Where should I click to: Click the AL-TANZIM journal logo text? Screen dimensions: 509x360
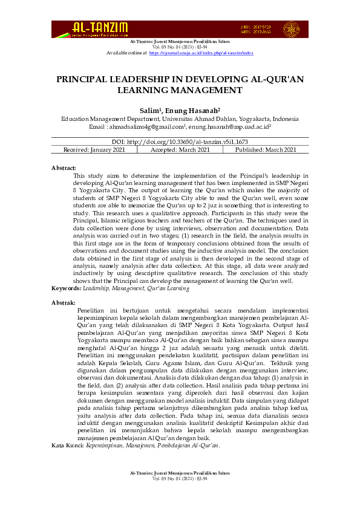[x=100, y=27]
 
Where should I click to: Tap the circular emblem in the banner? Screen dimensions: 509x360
[x=292, y=29]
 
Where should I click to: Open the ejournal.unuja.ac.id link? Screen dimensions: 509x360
[x=201, y=53]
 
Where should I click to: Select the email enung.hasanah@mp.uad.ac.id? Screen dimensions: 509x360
[x=228, y=128]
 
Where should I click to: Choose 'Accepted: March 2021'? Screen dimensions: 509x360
[x=180, y=150]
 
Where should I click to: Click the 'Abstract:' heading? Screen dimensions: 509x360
[x=64, y=166]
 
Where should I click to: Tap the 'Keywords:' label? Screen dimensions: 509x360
[x=66, y=289]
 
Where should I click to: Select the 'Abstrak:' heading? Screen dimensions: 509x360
[x=64, y=302]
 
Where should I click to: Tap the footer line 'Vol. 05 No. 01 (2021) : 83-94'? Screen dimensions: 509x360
[x=180, y=495]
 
